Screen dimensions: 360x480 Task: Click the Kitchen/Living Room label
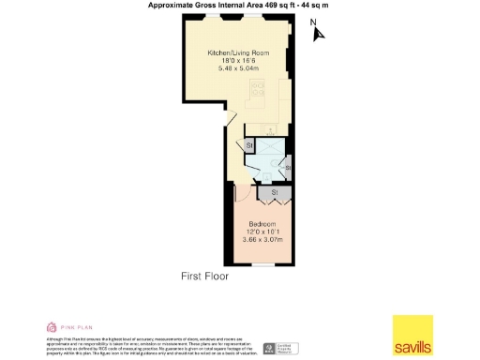click(x=238, y=53)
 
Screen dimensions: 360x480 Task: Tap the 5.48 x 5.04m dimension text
click(x=238, y=68)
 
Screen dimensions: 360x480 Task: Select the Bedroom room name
click(x=262, y=224)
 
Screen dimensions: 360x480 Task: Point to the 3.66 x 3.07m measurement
click(x=262, y=239)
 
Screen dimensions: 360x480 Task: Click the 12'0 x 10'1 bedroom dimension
click(x=262, y=232)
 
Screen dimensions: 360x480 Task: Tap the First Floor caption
click(x=204, y=277)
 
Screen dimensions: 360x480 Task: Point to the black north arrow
click(x=319, y=35)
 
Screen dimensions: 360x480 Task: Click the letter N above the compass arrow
click(x=314, y=22)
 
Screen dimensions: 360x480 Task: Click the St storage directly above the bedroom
click(x=275, y=193)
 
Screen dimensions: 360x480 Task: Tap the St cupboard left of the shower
click(x=249, y=146)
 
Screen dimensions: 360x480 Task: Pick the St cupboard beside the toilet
click(x=289, y=169)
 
